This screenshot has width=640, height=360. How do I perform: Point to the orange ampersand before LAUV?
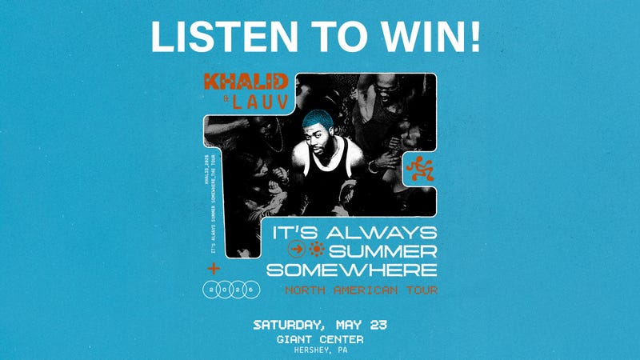pyautogui.click(x=214, y=103)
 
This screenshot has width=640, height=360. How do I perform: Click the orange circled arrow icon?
pyautogui.click(x=295, y=250)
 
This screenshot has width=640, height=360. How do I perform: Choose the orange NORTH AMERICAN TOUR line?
pyautogui.click(x=361, y=290)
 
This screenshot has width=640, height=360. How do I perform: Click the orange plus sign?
pyautogui.click(x=213, y=267)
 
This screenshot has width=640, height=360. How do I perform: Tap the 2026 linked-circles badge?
pyautogui.click(x=232, y=288)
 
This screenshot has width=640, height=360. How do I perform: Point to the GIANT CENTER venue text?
pyautogui.click(x=319, y=339)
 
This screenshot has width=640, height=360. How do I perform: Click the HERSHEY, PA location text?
pyautogui.click(x=319, y=351)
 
